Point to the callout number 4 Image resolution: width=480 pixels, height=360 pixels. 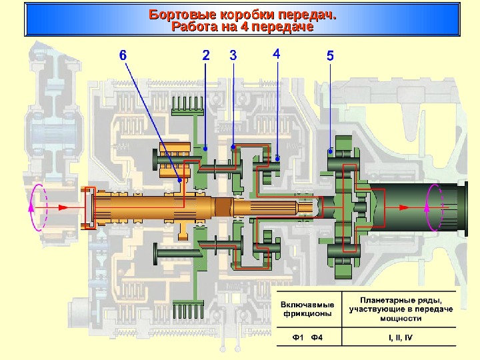[x=277, y=53]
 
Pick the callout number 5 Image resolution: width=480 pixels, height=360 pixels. [x=330, y=57]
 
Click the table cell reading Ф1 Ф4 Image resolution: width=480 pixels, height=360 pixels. [x=307, y=336]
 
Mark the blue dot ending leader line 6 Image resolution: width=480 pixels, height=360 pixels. [x=179, y=179]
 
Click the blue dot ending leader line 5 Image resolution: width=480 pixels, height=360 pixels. [x=331, y=151]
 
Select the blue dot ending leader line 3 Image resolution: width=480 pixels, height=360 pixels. [x=233, y=146]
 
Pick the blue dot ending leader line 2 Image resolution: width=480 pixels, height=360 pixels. [x=206, y=147]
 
